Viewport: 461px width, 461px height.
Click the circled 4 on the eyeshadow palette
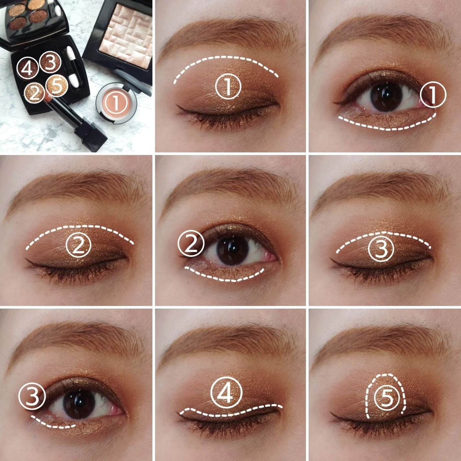27,68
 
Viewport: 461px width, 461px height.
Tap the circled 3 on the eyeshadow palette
50,62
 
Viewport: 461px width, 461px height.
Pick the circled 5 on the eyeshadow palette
57,85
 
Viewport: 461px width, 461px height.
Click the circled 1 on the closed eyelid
228,86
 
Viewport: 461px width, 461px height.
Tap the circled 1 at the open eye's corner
433,95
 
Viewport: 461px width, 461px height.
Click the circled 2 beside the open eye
191,244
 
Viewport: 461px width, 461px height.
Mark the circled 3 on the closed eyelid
381,249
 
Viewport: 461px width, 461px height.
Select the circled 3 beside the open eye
32,397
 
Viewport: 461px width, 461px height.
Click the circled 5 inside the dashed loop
386,399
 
